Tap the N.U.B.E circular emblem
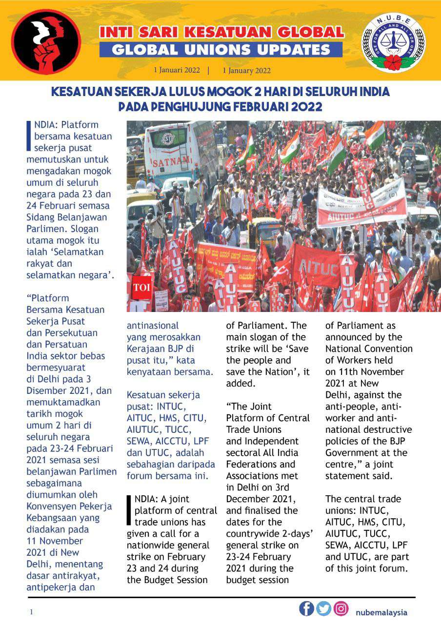pyautogui.click(x=393, y=43)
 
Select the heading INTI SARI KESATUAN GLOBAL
pyautogui.click(x=221, y=33)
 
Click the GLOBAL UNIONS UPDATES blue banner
pyautogui.click(x=220, y=49)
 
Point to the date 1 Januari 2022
pyautogui.click(x=177, y=70)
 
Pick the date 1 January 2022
pyautogui.click(x=246, y=71)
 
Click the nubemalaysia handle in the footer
pyautogui.click(x=381, y=612)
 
